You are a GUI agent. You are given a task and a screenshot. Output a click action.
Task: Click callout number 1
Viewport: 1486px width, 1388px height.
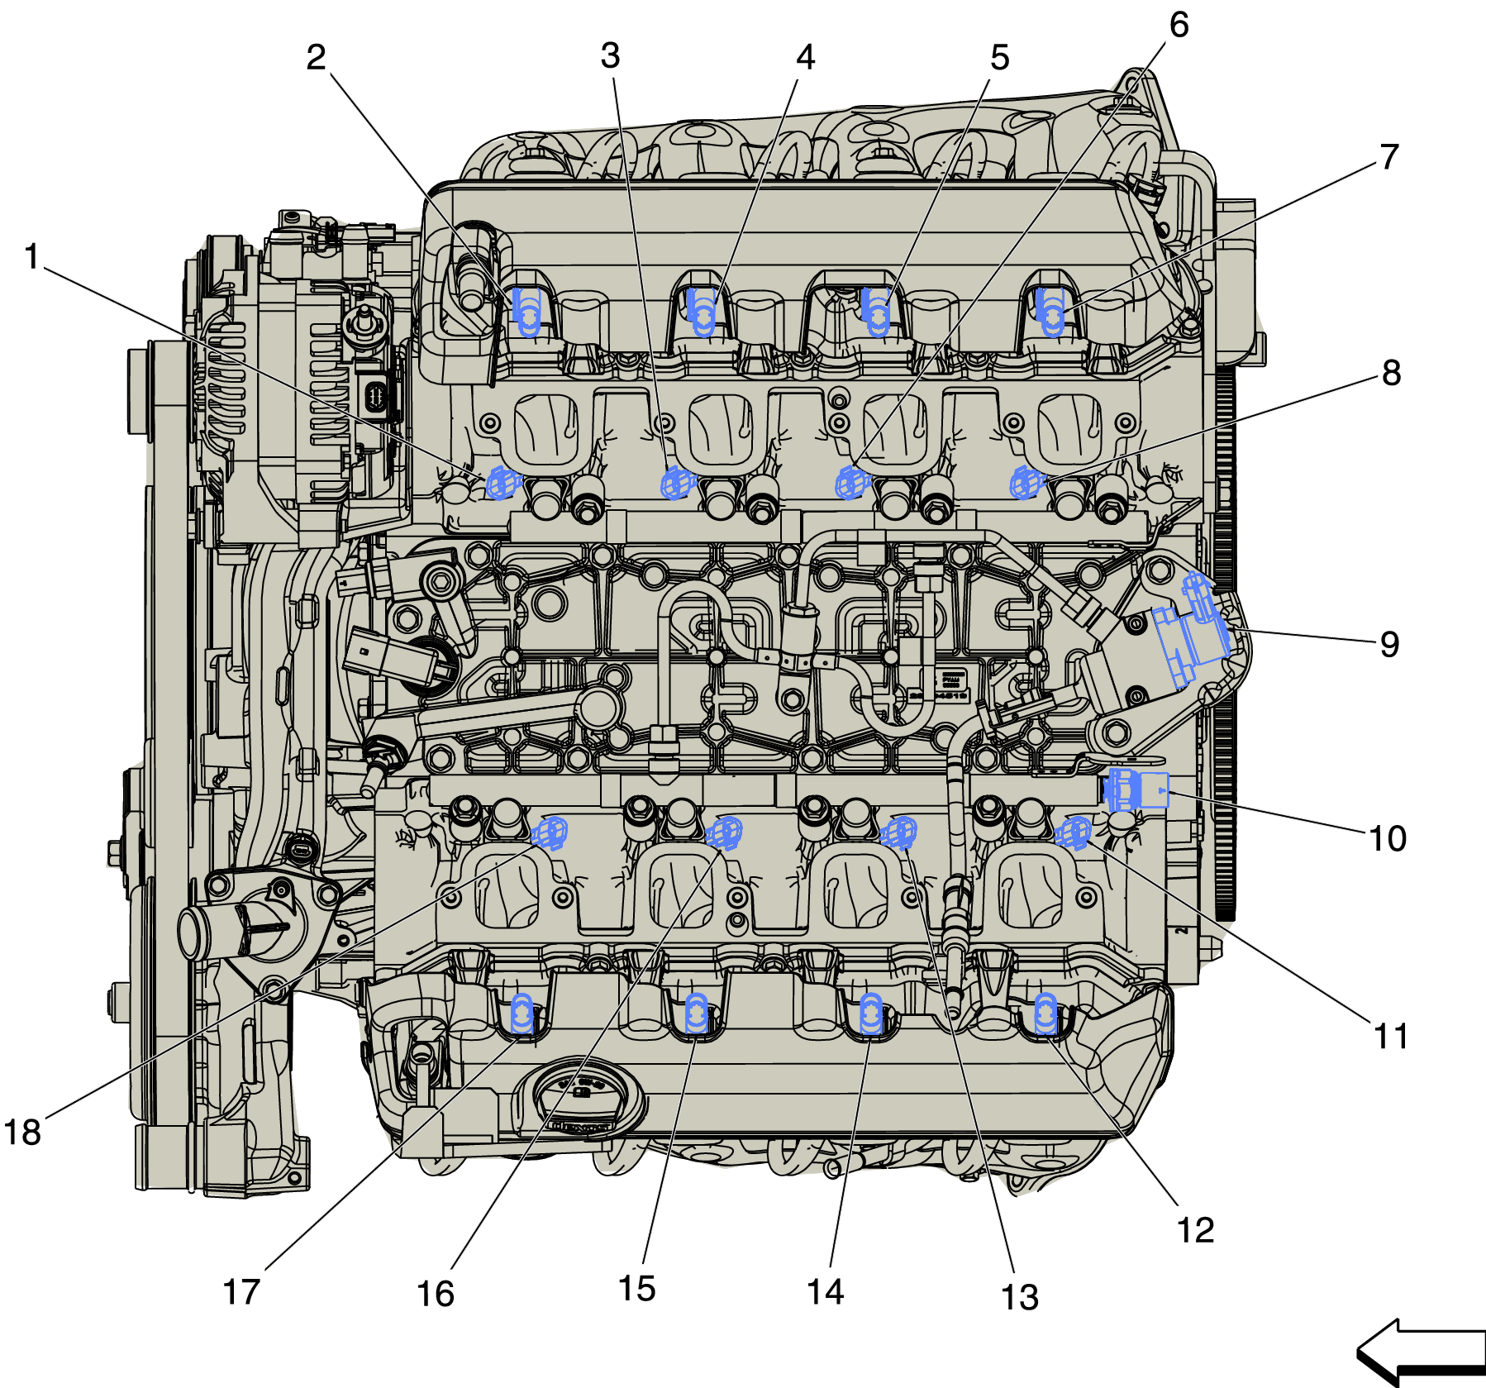tap(32, 256)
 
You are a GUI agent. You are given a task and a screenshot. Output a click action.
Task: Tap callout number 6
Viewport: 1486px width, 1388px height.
tap(1179, 25)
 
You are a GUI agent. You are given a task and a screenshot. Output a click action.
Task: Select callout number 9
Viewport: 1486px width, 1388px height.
tap(1390, 644)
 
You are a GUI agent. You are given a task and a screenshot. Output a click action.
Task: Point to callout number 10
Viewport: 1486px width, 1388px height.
tap(1388, 838)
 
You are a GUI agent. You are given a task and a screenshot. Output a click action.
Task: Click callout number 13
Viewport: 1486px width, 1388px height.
tap(1020, 1297)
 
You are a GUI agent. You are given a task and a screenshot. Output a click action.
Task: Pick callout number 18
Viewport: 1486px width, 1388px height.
tap(22, 1132)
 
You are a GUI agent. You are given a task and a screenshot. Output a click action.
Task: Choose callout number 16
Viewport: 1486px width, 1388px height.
tap(436, 1294)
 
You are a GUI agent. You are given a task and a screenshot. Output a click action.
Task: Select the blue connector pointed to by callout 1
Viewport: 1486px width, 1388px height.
tap(502, 483)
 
